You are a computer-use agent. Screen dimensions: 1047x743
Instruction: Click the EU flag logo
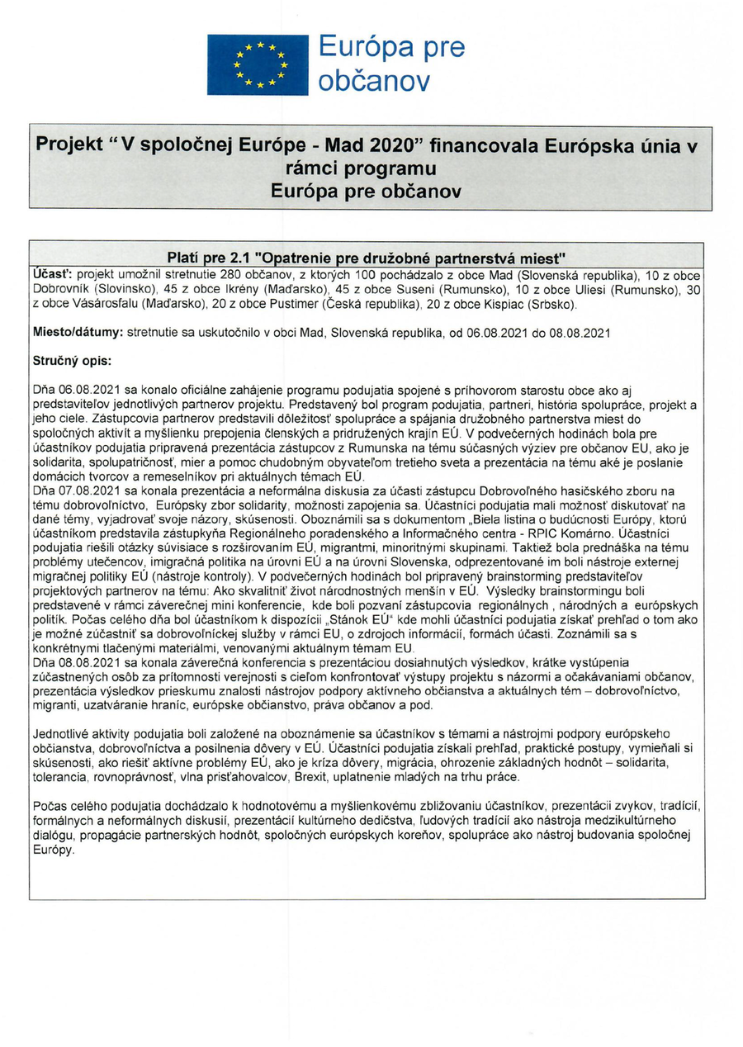coord(257,64)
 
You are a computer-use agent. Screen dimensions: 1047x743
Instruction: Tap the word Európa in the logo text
coord(360,47)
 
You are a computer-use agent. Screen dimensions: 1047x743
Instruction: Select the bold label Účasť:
coord(52,273)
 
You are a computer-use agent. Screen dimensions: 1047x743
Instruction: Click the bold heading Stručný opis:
coord(72,361)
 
